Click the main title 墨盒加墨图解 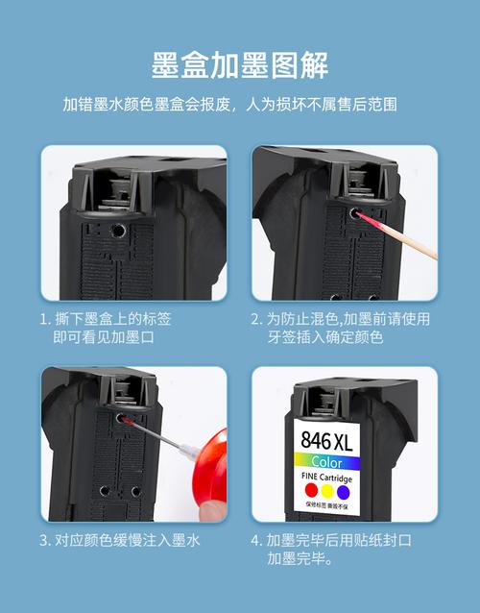click(x=240, y=64)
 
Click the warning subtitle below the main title click(x=240, y=104)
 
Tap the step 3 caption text click(x=120, y=540)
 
